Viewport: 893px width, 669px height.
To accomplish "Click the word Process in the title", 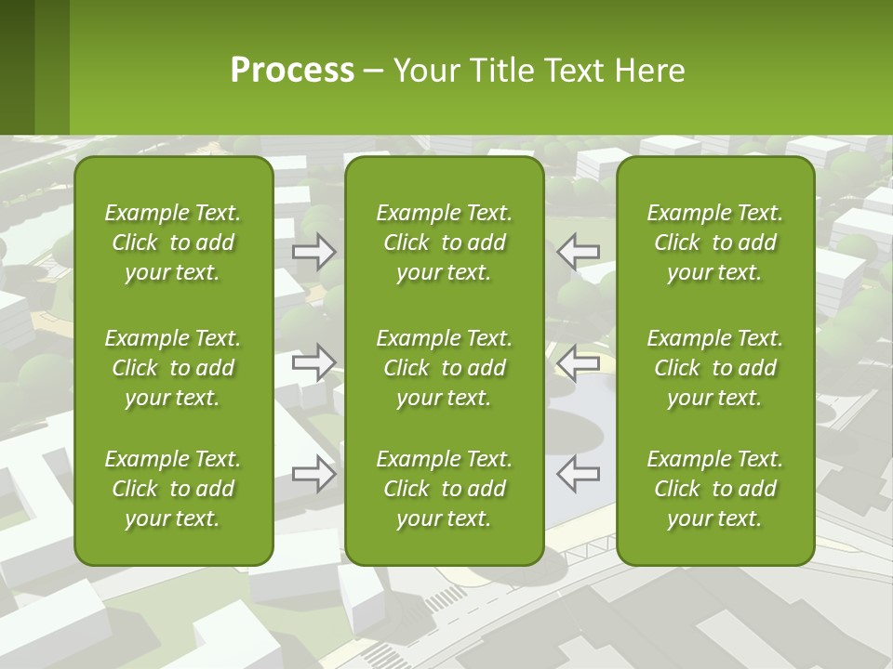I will pos(292,71).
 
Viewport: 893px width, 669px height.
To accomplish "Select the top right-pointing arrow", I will pos(314,251).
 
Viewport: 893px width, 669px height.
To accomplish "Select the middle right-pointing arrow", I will pos(314,361).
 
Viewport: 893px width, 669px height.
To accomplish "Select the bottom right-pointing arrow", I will pos(314,473).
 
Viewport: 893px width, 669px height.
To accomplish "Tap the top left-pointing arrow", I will pos(578,251).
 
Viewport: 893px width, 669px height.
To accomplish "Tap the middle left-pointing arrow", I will pos(578,361).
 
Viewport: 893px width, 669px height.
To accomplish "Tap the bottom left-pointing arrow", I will pos(578,473).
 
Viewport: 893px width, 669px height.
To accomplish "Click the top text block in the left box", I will pos(173,243).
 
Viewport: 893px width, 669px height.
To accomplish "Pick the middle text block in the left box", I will pos(173,368).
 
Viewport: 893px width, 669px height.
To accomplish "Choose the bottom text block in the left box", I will pos(173,489).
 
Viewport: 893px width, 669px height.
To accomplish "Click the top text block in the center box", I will pos(444,243).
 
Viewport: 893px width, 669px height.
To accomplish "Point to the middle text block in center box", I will pos(444,368).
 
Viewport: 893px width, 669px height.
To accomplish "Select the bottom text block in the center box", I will pos(444,489).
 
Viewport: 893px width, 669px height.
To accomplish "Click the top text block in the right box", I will pos(714,243).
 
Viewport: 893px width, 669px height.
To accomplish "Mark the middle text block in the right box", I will pos(714,368).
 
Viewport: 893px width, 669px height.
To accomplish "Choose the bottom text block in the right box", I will pos(714,489).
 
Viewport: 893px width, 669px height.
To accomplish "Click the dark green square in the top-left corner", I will pos(17,67).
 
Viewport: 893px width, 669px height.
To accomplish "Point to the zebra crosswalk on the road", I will pos(444,599).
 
